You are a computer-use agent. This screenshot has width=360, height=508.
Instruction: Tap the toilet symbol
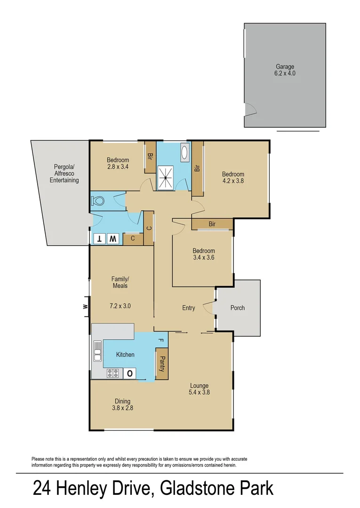click(x=98, y=201)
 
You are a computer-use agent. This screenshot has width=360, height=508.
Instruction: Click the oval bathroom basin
click(x=184, y=153)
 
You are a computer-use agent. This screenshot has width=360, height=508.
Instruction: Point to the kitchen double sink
click(x=97, y=351)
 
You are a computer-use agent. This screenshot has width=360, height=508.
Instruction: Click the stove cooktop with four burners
click(x=112, y=373)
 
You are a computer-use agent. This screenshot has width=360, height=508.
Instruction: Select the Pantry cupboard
click(x=161, y=363)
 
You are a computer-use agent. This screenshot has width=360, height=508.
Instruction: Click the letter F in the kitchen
click(x=160, y=340)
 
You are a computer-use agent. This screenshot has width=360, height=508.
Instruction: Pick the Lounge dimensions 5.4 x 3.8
click(x=199, y=392)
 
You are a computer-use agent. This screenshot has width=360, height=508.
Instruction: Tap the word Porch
click(x=238, y=308)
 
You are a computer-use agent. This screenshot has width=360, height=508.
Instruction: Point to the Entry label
click(x=188, y=308)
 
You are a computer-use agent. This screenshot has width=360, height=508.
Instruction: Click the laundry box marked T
click(x=99, y=239)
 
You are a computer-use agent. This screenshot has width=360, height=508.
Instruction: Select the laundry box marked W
click(x=113, y=239)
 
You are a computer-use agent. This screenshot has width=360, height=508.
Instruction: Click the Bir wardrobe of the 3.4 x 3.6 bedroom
click(x=212, y=224)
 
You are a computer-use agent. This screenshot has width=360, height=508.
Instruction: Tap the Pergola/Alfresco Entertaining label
click(x=65, y=174)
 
